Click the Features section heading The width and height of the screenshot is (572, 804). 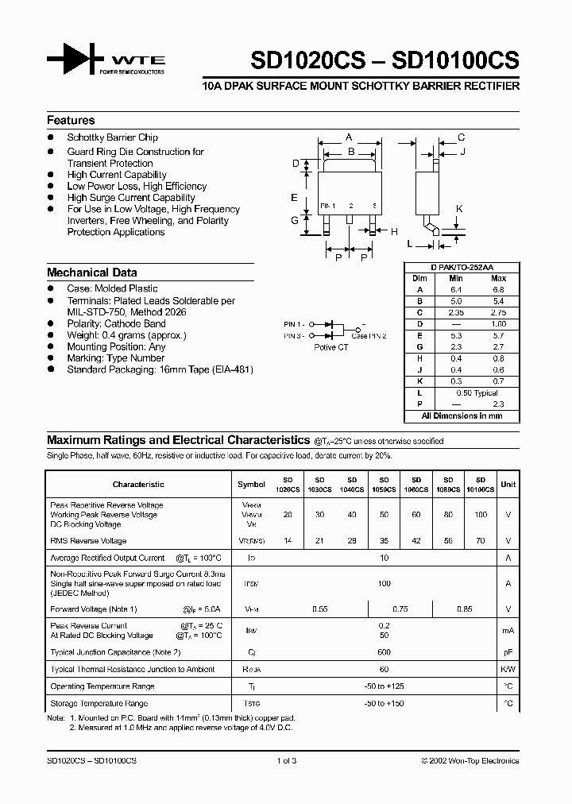click(x=71, y=121)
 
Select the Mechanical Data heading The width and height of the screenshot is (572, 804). click(x=91, y=273)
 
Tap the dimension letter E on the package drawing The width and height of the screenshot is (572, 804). click(x=294, y=197)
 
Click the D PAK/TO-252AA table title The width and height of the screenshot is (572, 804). click(x=462, y=269)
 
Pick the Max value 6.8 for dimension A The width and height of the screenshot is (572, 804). click(x=498, y=290)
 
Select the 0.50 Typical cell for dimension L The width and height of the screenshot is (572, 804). click(x=477, y=393)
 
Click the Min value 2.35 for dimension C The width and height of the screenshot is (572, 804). click(x=455, y=313)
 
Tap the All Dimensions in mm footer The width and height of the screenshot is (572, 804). click(x=462, y=416)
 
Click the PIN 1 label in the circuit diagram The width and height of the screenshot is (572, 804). click(x=294, y=324)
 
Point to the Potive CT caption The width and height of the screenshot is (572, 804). click(x=331, y=347)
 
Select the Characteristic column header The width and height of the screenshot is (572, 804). click(x=138, y=484)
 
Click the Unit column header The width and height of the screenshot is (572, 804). click(x=508, y=484)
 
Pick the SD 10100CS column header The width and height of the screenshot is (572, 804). click(x=480, y=485)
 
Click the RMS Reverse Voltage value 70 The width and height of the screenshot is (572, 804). click(x=480, y=540)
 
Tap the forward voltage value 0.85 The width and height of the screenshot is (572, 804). click(x=464, y=609)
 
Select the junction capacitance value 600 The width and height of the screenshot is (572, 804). click(x=385, y=651)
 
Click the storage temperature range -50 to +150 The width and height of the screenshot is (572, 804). click(x=385, y=703)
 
